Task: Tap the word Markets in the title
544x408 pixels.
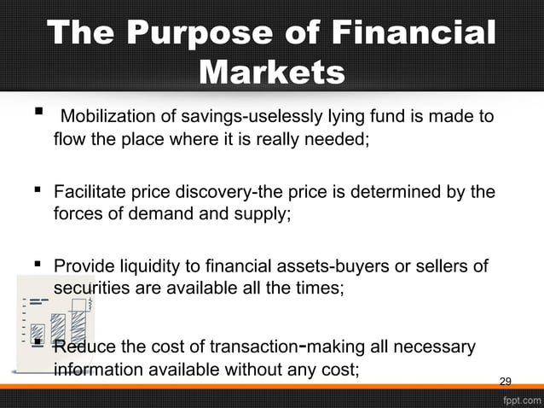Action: pos(271,73)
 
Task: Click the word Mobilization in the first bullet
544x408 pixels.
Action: pos(109,116)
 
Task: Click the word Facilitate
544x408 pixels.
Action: pos(90,192)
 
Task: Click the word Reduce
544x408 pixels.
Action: pos(84,347)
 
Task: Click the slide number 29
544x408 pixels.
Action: pos(505,381)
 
